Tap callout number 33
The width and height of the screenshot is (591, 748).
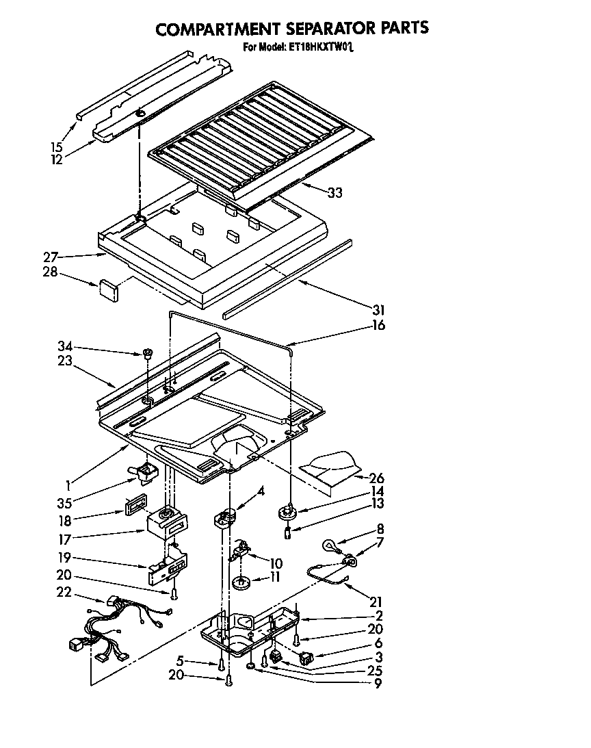(x=334, y=193)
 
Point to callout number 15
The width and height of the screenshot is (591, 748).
(x=57, y=146)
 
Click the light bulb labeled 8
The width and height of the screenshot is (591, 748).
(x=331, y=546)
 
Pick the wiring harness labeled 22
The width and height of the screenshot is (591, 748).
(x=113, y=626)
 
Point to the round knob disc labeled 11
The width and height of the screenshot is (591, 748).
(x=241, y=583)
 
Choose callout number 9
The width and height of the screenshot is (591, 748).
(x=377, y=684)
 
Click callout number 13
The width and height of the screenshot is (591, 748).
(x=378, y=504)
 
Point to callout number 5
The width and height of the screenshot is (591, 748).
(x=180, y=662)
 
